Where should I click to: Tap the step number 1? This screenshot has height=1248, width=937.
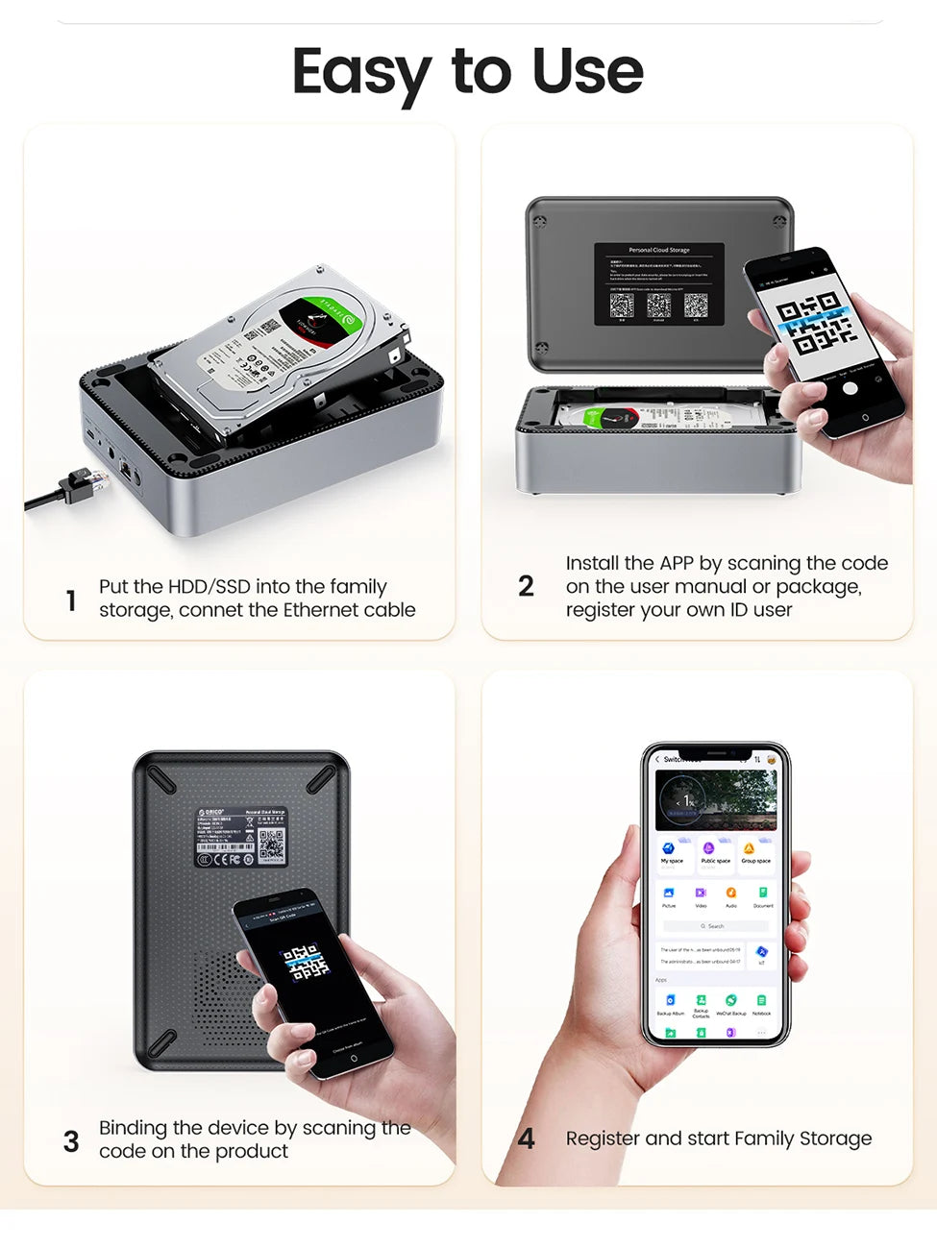point(71,601)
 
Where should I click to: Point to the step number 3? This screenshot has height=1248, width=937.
point(71,1141)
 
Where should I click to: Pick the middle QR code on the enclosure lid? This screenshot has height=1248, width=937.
point(658,306)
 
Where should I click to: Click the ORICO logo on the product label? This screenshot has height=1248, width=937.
point(210,813)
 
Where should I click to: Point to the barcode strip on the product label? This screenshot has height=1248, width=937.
point(225,847)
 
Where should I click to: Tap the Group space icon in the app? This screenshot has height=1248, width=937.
point(750,849)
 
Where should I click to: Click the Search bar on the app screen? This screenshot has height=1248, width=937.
point(715,926)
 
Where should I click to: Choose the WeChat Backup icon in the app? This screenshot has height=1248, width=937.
point(730,1001)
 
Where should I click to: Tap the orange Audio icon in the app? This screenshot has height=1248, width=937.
point(730,893)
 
